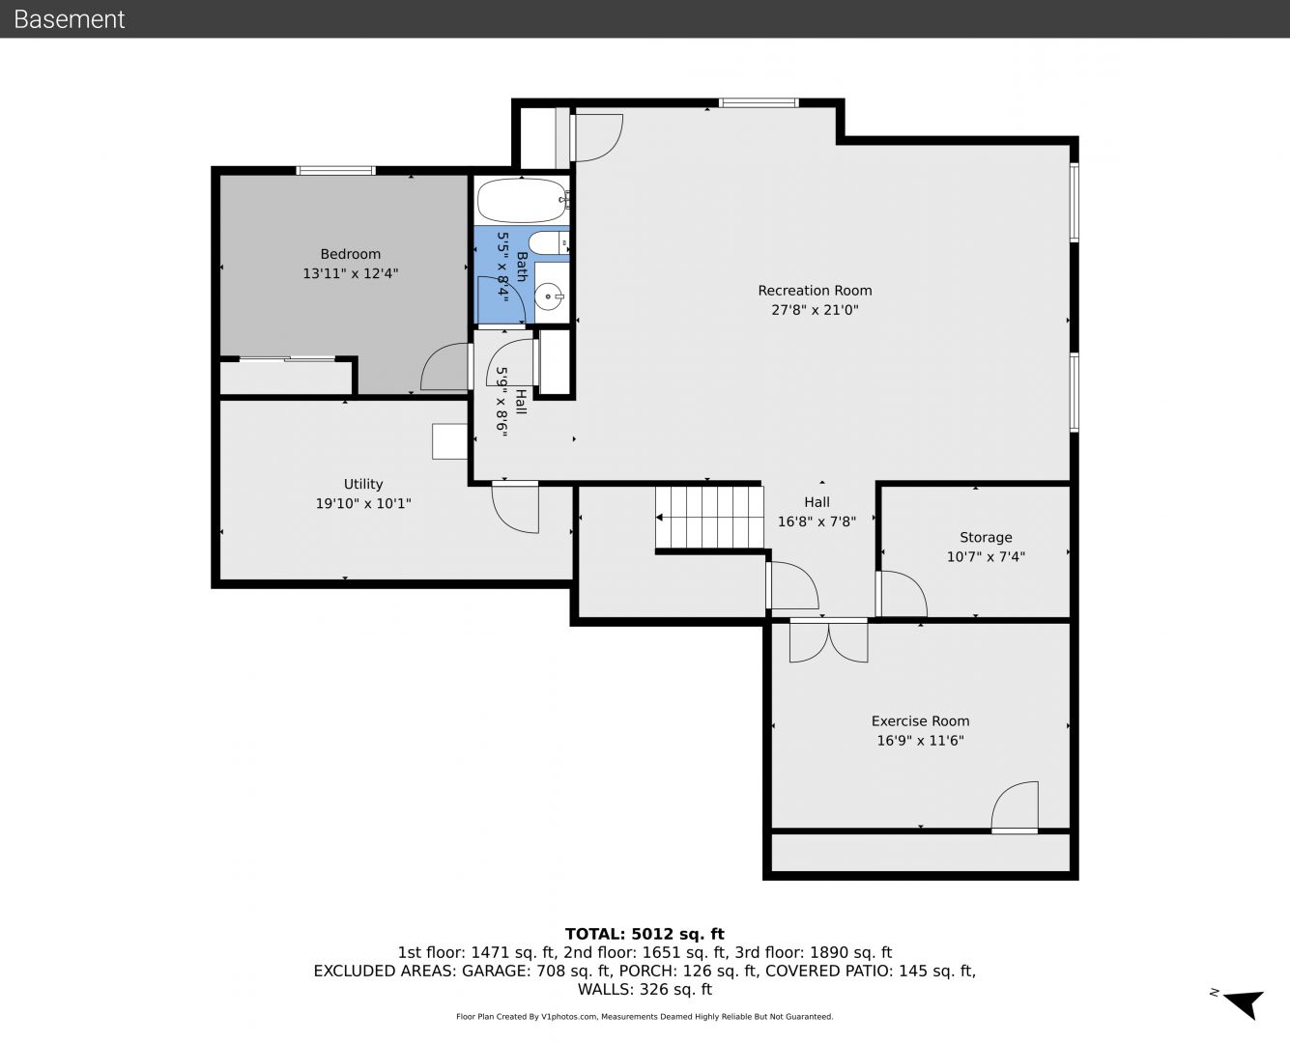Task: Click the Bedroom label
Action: pos(350,254)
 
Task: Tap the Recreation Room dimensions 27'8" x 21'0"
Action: pos(815,310)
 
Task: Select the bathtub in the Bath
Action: pos(523,200)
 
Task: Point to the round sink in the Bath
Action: pos(549,296)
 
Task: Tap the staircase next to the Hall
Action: pos(709,518)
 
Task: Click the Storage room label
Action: pos(986,538)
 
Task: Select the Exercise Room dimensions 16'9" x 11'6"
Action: pos(920,741)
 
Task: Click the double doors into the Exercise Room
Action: pos(828,640)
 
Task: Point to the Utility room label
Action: pos(363,484)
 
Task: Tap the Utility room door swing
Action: pos(515,507)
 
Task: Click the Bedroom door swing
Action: pos(445,366)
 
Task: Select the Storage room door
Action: pos(902,594)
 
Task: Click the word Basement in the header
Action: pos(69,19)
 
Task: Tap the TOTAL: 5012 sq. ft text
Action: pos(645,934)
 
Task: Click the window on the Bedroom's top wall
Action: pos(335,171)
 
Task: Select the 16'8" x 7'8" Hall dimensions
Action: pos(817,521)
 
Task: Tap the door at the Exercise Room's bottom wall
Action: pos(1015,808)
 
